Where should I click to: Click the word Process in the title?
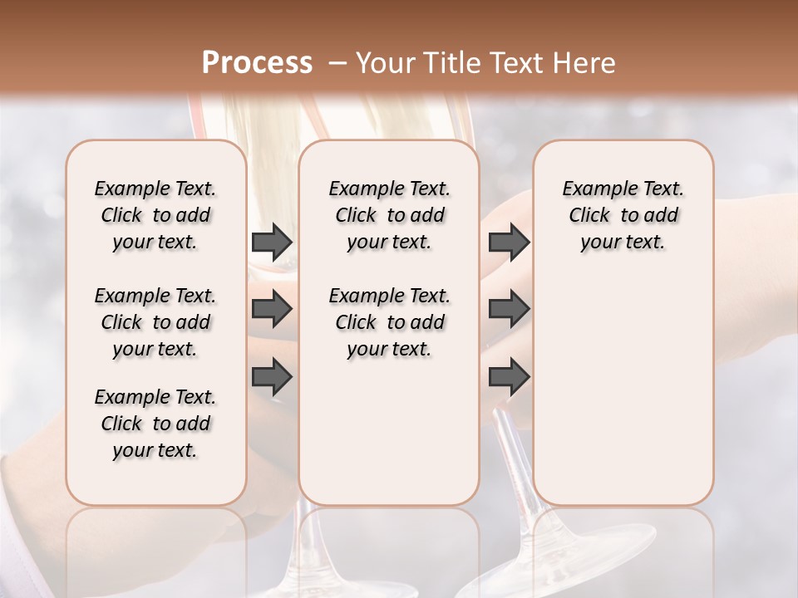(x=257, y=63)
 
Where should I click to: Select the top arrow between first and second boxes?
(x=272, y=242)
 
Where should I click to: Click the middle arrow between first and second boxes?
(x=272, y=309)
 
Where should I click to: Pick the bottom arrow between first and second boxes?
(x=272, y=376)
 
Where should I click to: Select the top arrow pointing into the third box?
(x=509, y=242)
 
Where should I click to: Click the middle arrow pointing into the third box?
(x=509, y=309)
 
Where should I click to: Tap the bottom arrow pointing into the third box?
(x=509, y=376)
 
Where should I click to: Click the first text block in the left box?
(x=155, y=215)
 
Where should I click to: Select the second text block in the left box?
(x=155, y=322)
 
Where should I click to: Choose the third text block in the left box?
(x=155, y=424)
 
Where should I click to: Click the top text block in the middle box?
(x=389, y=215)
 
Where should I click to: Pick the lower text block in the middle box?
(x=389, y=322)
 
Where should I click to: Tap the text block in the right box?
(x=623, y=215)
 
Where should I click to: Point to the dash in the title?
(x=337, y=63)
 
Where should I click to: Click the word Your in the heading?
(x=384, y=63)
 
